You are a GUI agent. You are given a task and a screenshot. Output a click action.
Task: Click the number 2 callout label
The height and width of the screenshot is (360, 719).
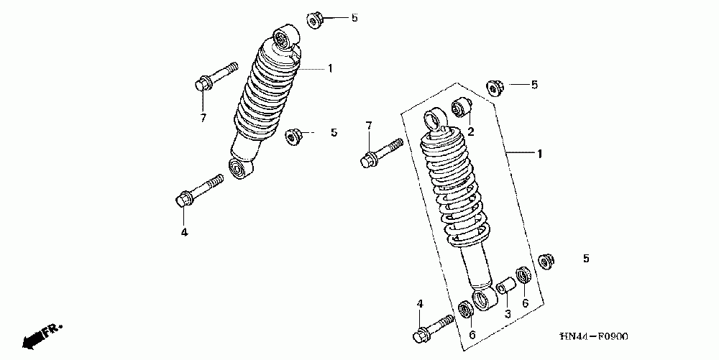[x=470, y=131]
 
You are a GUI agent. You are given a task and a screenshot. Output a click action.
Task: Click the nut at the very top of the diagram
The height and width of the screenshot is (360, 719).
[x=315, y=20]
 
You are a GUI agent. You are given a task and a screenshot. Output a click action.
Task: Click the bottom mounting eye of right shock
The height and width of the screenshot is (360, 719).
[x=482, y=301]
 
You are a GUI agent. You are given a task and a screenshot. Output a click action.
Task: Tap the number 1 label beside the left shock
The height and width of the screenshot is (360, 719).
[x=329, y=68]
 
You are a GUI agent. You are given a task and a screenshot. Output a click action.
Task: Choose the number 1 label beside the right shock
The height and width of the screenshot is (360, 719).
[x=539, y=153]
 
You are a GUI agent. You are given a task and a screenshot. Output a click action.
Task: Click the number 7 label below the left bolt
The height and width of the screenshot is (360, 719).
[x=203, y=118]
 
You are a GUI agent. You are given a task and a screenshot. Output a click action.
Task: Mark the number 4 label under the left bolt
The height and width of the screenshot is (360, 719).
[x=183, y=231]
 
